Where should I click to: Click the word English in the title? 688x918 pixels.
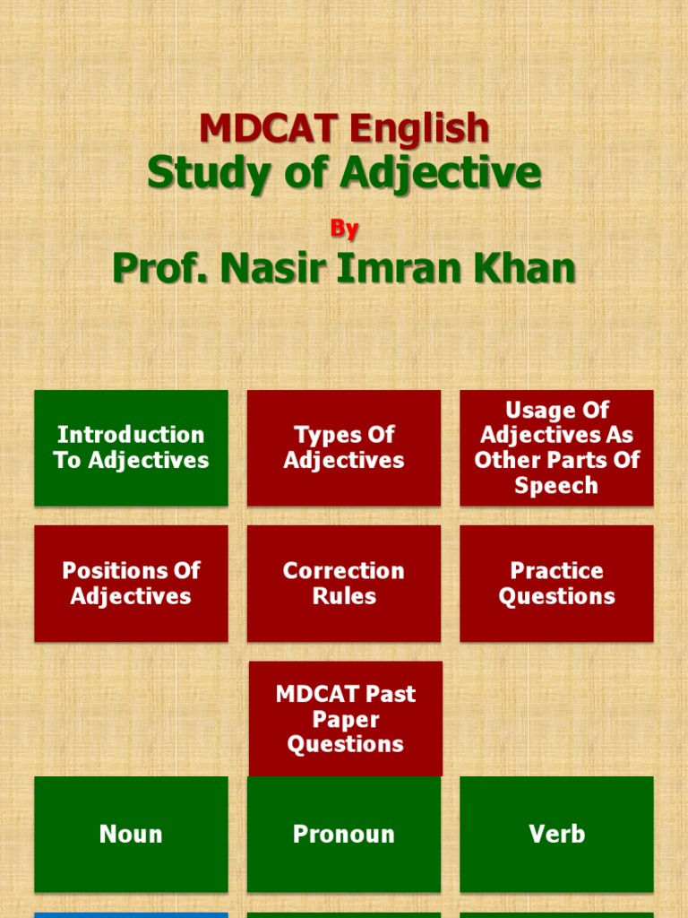pyautogui.click(x=419, y=129)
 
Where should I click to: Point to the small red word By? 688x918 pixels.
pyautogui.click(x=344, y=229)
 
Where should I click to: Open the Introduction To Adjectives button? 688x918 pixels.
pyautogui.click(x=131, y=447)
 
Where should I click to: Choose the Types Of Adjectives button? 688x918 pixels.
pyautogui.click(x=344, y=447)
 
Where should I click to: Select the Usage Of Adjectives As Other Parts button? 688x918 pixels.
pyautogui.click(x=556, y=447)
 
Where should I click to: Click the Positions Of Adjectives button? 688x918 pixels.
pyautogui.click(x=131, y=584)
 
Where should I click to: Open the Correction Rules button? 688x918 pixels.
pyautogui.click(x=344, y=584)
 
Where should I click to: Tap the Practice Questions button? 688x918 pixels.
pyautogui.click(x=556, y=584)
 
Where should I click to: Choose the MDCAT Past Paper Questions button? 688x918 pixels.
pyautogui.click(x=345, y=719)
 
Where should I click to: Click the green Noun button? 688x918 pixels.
pyautogui.click(x=131, y=835)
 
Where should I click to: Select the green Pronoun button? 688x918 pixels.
pyautogui.click(x=344, y=835)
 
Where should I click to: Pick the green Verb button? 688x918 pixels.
pyautogui.click(x=556, y=835)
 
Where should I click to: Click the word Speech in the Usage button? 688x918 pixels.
pyautogui.click(x=556, y=486)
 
